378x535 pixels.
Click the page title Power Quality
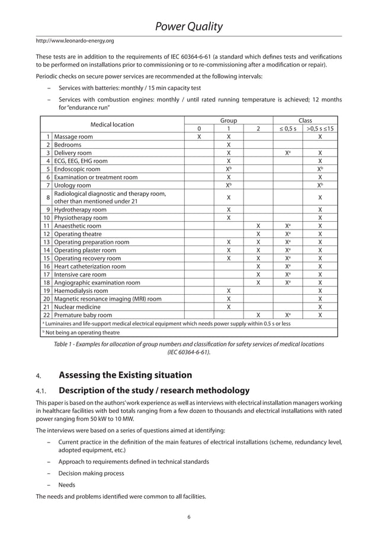pos(188,26)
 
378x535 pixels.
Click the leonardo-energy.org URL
pos(75,41)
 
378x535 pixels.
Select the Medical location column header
pos(111,125)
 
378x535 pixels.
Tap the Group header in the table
pos(228,120)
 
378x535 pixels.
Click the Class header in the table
pos(305,120)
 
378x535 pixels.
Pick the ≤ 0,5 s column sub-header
pos(288,129)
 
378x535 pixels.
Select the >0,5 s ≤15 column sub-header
pos(320,129)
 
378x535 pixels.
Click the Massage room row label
pos(73,136)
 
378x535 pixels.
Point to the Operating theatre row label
pos(78,234)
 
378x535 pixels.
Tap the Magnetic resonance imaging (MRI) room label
pos(107,299)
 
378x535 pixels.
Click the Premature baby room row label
pos(83,316)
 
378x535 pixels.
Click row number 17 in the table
pos(47,275)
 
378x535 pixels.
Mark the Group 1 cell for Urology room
pos(229,186)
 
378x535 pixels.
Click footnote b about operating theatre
pos(79,333)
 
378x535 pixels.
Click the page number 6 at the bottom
pos(188,517)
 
